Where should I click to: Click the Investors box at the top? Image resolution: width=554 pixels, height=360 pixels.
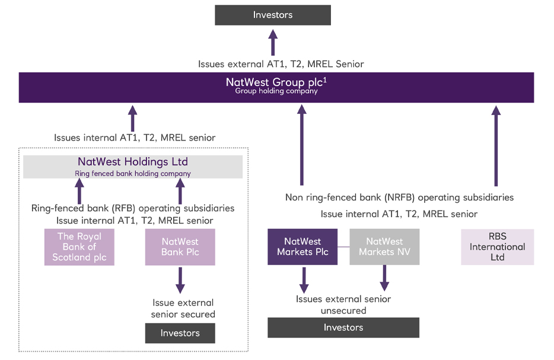pos(272,15)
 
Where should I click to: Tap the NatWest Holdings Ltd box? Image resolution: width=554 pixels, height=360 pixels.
pos(133,167)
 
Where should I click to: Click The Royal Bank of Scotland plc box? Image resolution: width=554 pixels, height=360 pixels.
pos(79,247)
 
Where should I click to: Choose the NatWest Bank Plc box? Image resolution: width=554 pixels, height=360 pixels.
pos(180,247)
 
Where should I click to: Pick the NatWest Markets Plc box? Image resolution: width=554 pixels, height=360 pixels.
pos(303,247)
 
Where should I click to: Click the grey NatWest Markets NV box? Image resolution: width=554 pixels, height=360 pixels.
pos(384,247)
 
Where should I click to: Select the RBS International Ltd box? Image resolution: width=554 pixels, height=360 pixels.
pos(497,247)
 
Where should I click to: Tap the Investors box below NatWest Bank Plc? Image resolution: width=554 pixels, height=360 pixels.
pos(180,333)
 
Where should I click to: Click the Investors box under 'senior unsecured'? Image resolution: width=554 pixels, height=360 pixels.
pos(343,327)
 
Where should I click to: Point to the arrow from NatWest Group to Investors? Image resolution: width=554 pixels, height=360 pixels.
pos(273,42)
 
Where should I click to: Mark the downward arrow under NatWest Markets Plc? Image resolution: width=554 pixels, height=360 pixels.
pos(304,278)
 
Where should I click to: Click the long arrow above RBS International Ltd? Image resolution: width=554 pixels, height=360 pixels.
pos(496,145)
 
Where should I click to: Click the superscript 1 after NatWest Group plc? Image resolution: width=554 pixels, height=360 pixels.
pos(325,79)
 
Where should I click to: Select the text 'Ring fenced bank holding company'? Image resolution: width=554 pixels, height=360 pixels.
pos(133,174)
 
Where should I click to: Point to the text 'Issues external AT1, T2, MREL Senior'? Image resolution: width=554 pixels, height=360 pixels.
pos(281,64)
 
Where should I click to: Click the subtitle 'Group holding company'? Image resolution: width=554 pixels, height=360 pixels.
pos(276,91)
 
